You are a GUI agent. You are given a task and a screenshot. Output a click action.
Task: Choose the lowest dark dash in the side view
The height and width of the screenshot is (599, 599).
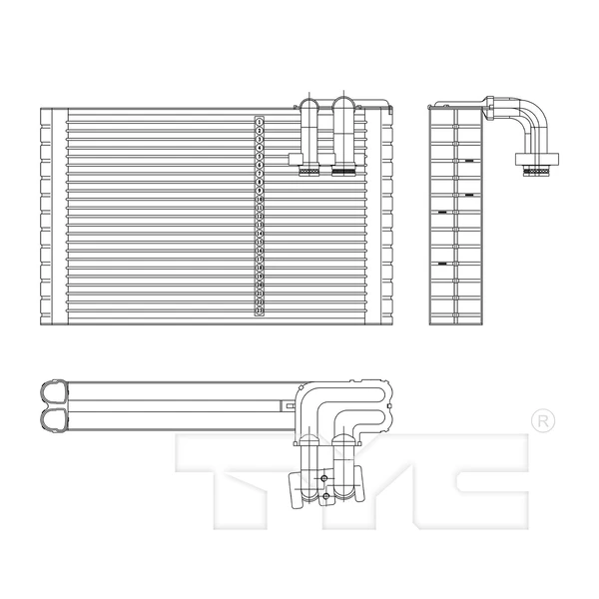click(440, 264)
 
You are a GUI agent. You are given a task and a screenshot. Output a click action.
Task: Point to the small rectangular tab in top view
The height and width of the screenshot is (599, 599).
click(289, 406)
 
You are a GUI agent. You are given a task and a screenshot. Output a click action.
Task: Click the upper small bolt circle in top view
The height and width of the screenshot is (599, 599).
click(324, 478)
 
